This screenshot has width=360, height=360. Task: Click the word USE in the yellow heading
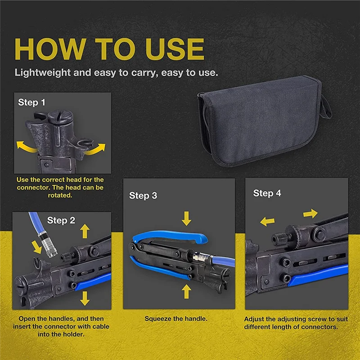pyautogui.click(x=175, y=49)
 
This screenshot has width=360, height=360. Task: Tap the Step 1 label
pyautogui.click(x=31, y=103)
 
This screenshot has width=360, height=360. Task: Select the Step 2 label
pyautogui.click(x=61, y=220)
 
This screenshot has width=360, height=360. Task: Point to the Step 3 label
pyautogui.click(x=143, y=196)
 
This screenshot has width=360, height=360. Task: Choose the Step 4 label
pyautogui.click(x=267, y=193)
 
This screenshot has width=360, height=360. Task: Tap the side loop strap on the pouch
pyautogui.click(x=326, y=108)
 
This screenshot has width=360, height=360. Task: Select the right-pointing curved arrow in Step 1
pyautogui.click(x=96, y=149)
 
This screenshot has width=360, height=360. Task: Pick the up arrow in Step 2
pyautogui.click(x=85, y=231)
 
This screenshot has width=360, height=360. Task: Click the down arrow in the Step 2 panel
pyautogui.click(x=85, y=298)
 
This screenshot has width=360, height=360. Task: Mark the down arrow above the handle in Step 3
pyautogui.click(x=186, y=219)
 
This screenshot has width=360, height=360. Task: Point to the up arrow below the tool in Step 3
pyautogui.click(x=186, y=291)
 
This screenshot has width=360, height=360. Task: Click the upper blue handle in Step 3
pyautogui.click(x=170, y=236)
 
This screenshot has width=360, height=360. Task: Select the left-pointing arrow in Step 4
pyautogui.click(x=267, y=221)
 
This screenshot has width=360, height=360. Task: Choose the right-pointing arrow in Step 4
pyautogui.click(x=310, y=213)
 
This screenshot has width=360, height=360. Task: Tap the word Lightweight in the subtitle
pyautogui.click(x=43, y=73)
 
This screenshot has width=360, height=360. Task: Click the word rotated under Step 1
pyautogui.click(x=60, y=195)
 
